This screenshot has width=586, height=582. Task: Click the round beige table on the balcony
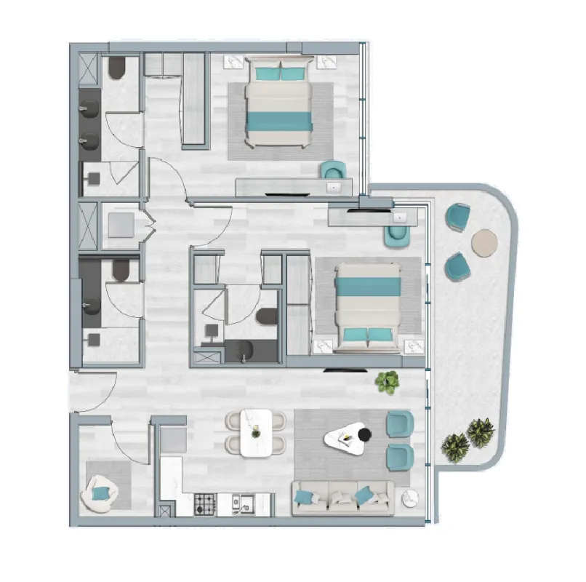(484, 242)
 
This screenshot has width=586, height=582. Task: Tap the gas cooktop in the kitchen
(205, 502)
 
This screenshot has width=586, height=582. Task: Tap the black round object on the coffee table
(364, 435)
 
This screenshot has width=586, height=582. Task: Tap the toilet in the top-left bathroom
(118, 68)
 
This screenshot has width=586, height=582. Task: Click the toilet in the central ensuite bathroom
(268, 316)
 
